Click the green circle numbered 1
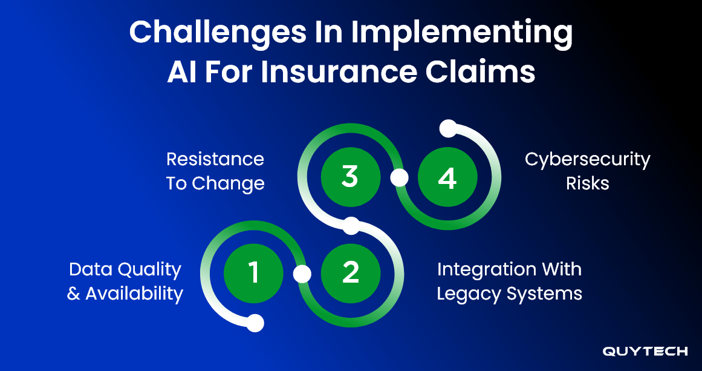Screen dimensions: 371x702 pyautogui.click(x=253, y=274)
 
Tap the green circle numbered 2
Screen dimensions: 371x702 pyautogui.click(x=350, y=274)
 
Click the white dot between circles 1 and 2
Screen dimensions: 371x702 pyautogui.click(x=302, y=274)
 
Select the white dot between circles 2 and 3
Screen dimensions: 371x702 pyautogui.click(x=351, y=226)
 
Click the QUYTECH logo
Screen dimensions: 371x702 pyautogui.click(x=645, y=351)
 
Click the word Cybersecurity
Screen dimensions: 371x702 pyautogui.click(x=587, y=159)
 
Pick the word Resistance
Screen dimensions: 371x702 pyautogui.click(x=215, y=159)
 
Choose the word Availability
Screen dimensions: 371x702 pyautogui.click(x=134, y=294)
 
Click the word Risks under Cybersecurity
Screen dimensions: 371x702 pyautogui.click(x=587, y=184)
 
